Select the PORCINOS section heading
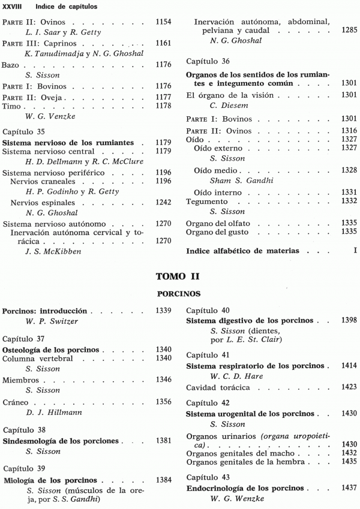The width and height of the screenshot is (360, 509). (178, 294)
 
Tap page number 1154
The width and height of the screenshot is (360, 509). (163, 22)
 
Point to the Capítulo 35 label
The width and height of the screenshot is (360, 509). (25, 130)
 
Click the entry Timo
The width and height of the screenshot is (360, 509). (11, 107)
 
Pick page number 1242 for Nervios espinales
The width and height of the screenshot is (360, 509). (163, 203)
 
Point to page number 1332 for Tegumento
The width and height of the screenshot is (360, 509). (349, 200)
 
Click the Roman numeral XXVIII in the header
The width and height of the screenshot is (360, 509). (13, 6)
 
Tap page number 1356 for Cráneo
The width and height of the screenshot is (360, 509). (163, 402)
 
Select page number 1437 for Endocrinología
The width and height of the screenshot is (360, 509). (349, 488)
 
